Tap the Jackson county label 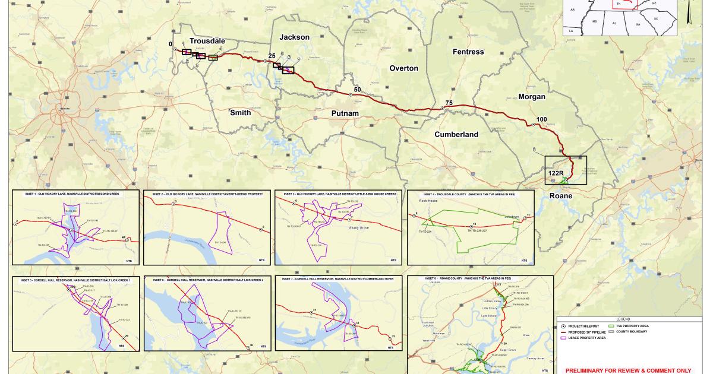point(295,37)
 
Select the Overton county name point(404,68)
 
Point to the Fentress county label point(468,52)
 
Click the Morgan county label point(531,97)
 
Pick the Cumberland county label point(456,135)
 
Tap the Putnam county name point(346,113)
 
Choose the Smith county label point(240,113)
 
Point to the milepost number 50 point(357,90)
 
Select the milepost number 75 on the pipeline point(449,103)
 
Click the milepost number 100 point(541,120)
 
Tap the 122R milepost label point(556,173)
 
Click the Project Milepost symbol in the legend point(563,326)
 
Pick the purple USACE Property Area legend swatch point(563,338)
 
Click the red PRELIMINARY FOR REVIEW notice point(629,369)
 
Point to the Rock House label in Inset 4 point(421,201)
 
